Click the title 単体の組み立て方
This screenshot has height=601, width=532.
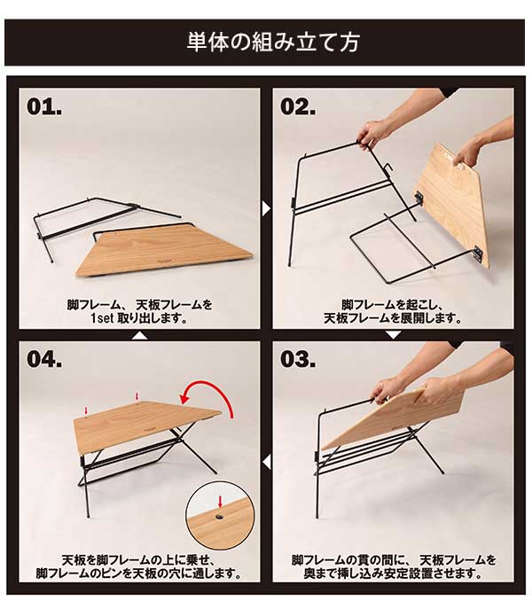(x=266, y=42)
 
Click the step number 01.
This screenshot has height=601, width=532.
(x=45, y=107)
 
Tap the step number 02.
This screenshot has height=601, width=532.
(x=298, y=107)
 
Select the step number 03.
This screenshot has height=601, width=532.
(x=299, y=360)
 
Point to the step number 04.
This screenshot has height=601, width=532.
(x=45, y=360)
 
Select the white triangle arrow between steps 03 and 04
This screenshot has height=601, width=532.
(x=266, y=462)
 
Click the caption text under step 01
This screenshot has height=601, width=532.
(x=139, y=311)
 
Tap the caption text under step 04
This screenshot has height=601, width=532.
(x=139, y=566)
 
